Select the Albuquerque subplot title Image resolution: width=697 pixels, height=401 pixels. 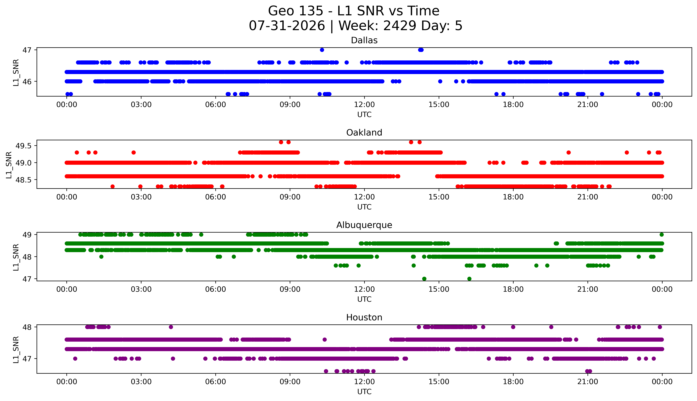tap(364, 225)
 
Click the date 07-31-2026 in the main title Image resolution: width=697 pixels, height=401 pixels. tap(287, 26)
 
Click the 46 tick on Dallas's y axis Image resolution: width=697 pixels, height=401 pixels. tap(27, 82)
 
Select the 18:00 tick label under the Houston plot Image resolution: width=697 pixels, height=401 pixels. tap(513, 382)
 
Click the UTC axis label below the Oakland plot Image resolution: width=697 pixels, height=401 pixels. tap(364, 207)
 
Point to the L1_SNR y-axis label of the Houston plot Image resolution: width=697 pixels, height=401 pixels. tap(16, 349)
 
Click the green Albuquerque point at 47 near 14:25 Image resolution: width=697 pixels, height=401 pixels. tap(424, 279)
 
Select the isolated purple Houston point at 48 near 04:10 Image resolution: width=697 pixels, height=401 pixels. tap(171, 327)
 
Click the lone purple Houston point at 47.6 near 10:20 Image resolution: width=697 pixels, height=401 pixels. tap(325, 340)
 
